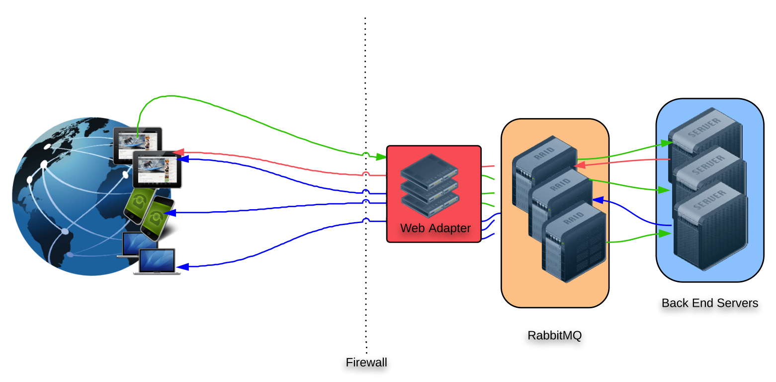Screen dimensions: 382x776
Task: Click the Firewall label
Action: pyautogui.click(x=366, y=363)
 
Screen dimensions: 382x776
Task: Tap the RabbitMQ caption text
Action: pyautogui.click(x=554, y=335)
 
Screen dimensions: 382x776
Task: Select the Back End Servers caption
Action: pyautogui.click(x=709, y=303)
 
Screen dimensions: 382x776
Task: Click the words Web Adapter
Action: pyautogui.click(x=435, y=228)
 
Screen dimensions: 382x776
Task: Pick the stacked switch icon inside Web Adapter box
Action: pyautogui.click(x=429, y=185)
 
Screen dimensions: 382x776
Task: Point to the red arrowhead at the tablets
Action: pyautogui.click(x=177, y=151)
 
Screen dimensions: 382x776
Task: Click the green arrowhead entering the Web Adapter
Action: pyautogui.click(x=382, y=157)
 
